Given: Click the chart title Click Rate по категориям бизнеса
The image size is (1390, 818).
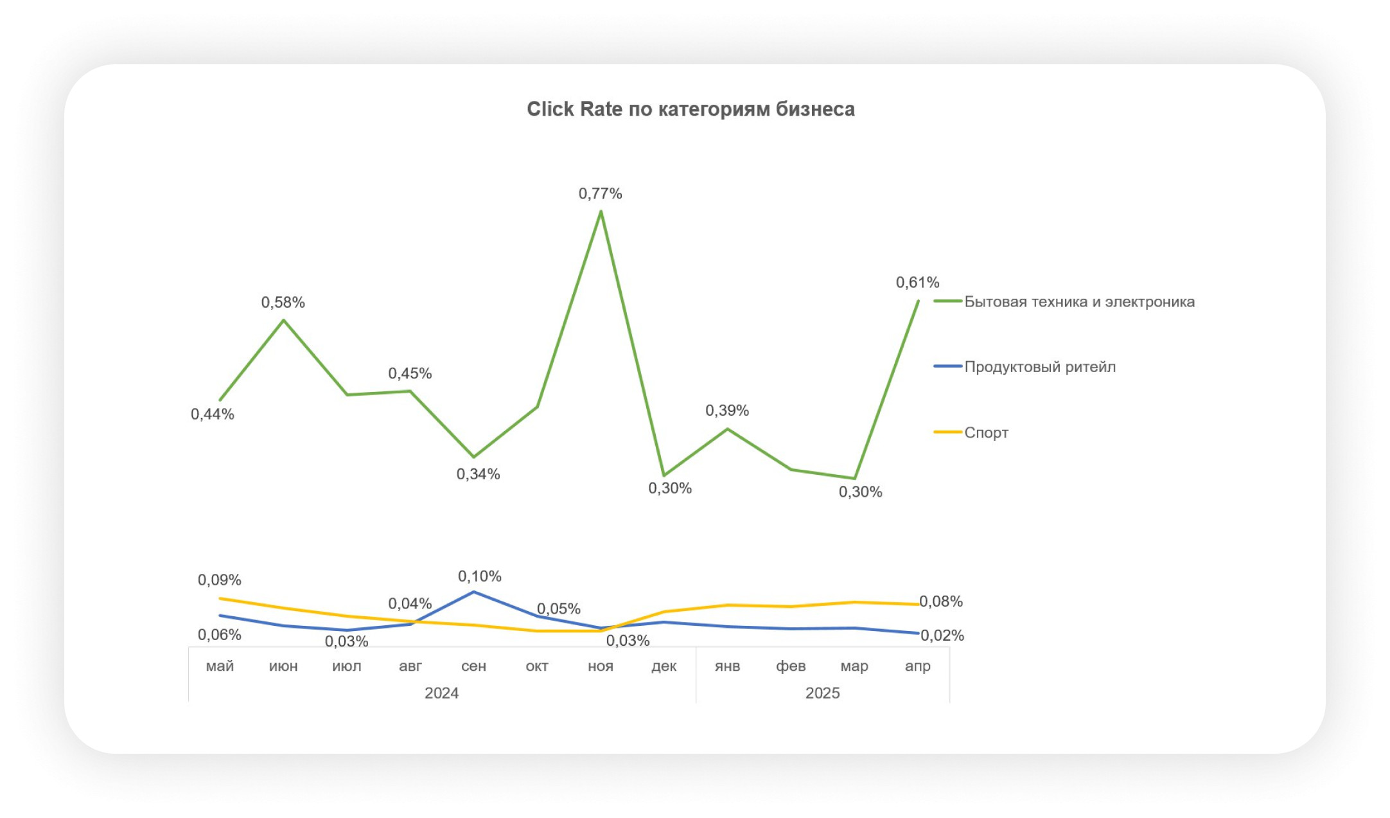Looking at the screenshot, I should pos(691,109).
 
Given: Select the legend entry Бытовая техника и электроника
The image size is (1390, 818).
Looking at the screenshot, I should pos(1079,302).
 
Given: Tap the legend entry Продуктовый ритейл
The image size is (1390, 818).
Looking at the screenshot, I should pos(1039,367).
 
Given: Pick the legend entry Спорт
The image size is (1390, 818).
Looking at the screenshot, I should pos(986,432).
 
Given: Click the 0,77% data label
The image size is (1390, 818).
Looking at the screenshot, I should pos(600,193).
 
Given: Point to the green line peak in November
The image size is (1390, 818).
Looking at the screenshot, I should pos(601,211).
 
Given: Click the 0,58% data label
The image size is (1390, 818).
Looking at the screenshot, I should pos(283,302).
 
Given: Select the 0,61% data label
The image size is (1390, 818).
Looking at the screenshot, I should pos(917,282).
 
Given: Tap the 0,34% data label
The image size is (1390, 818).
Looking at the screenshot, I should pos(478,474).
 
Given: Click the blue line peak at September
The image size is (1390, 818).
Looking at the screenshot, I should pos(473,592).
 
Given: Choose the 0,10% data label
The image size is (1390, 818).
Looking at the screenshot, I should pos(479,576).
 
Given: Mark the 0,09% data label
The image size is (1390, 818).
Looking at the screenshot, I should pos(219,580).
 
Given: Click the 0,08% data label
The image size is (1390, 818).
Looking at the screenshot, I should pos(940,601).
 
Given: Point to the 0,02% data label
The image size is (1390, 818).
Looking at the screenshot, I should pos(942,636).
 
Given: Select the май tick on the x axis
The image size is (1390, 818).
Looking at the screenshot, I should pos(220,666).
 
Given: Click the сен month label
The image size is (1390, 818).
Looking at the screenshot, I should pos(473,666).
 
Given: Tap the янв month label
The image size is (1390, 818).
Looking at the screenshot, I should pos(727,666).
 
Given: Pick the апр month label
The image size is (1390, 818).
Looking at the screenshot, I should pos(917,666).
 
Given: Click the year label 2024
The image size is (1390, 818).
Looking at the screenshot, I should pos(441,693).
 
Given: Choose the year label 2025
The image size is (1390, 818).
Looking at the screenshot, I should pos(822,693).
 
